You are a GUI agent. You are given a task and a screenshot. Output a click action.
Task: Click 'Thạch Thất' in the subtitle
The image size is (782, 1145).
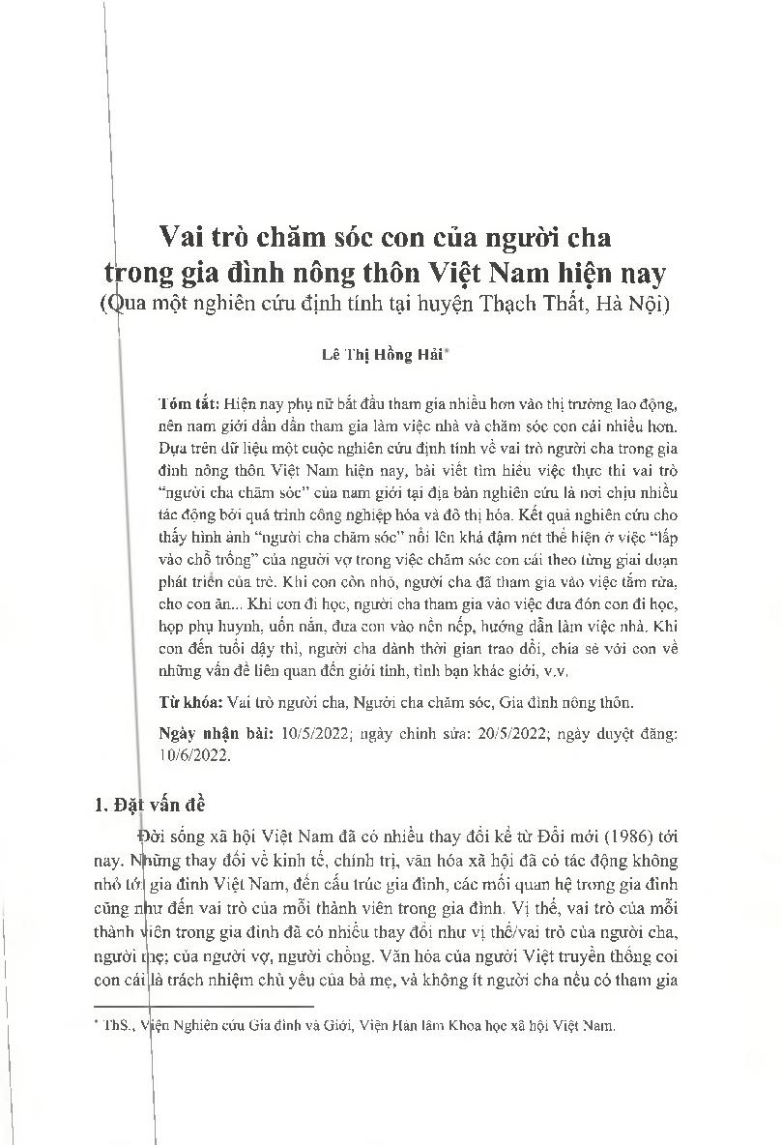click(541, 303)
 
